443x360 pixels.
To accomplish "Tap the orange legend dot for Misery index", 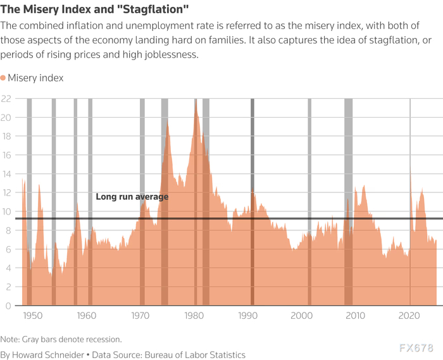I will pos(4,78).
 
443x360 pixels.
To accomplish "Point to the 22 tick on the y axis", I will pos(8,99).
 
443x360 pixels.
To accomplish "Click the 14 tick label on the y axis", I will pos(8,174).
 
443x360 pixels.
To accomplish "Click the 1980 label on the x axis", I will pos(194,316).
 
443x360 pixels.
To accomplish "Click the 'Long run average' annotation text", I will pos(132,197).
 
